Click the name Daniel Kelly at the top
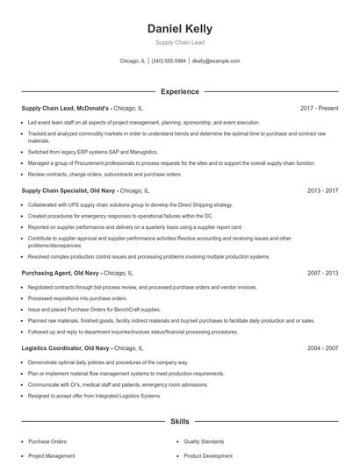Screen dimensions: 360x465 click(x=179, y=29)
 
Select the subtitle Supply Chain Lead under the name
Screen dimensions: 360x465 click(x=179, y=42)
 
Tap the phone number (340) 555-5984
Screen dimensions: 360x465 click(x=169, y=61)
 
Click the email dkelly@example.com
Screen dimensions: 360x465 click(x=216, y=61)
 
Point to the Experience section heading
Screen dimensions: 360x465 click(x=179, y=91)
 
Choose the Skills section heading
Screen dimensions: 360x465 click(x=179, y=422)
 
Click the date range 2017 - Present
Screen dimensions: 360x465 click(x=319, y=108)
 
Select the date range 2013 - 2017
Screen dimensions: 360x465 click(x=322, y=190)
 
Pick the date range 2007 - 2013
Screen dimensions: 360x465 click(x=322, y=273)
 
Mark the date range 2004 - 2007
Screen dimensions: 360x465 click(x=322, y=347)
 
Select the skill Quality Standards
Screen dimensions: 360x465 click(x=205, y=441)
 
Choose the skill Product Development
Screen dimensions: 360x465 click(x=207, y=456)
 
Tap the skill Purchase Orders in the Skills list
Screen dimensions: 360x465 click(x=47, y=441)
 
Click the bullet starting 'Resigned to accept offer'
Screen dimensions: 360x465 click(x=95, y=396)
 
